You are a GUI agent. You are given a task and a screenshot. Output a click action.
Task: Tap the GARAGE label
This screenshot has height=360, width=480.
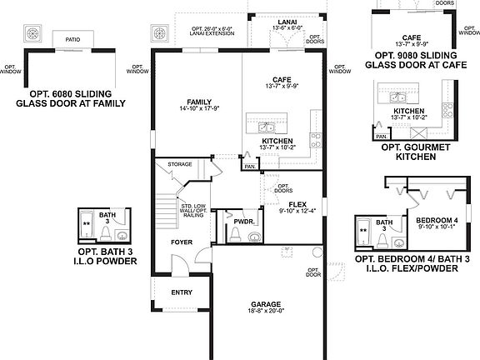point(267,304)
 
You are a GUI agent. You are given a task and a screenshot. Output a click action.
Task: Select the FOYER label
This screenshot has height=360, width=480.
point(182,242)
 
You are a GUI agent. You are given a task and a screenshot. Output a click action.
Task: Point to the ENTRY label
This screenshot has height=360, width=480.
point(182,292)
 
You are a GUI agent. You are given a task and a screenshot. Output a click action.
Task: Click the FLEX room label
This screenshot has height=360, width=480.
point(297,203)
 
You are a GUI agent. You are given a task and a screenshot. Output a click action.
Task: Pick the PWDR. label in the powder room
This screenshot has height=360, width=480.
point(242,222)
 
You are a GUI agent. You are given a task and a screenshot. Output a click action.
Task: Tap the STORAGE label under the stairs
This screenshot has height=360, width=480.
point(180,164)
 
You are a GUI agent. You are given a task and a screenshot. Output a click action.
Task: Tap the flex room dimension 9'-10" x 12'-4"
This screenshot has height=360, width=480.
point(297,212)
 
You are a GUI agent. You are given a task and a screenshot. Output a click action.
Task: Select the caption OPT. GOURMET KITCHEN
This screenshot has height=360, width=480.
point(409,152)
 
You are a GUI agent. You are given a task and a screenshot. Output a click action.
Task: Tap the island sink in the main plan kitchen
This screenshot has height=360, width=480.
point(267,127)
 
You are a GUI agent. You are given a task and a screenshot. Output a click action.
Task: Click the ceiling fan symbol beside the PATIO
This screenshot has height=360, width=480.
point(33,34)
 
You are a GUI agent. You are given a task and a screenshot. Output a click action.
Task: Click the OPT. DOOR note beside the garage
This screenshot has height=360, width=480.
point(313,272)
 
